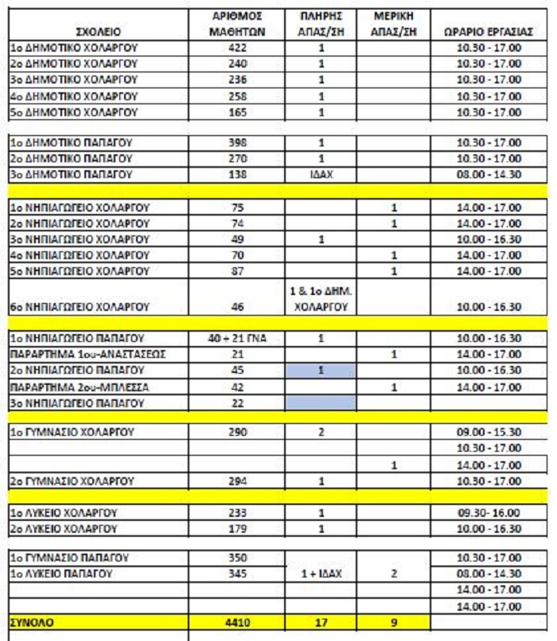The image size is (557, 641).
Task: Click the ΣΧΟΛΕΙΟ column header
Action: point(97,33)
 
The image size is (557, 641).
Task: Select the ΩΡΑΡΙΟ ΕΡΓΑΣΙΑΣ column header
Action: point(488,33)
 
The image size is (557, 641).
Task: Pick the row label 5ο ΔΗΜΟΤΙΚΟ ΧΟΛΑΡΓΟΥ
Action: point(74,112)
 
